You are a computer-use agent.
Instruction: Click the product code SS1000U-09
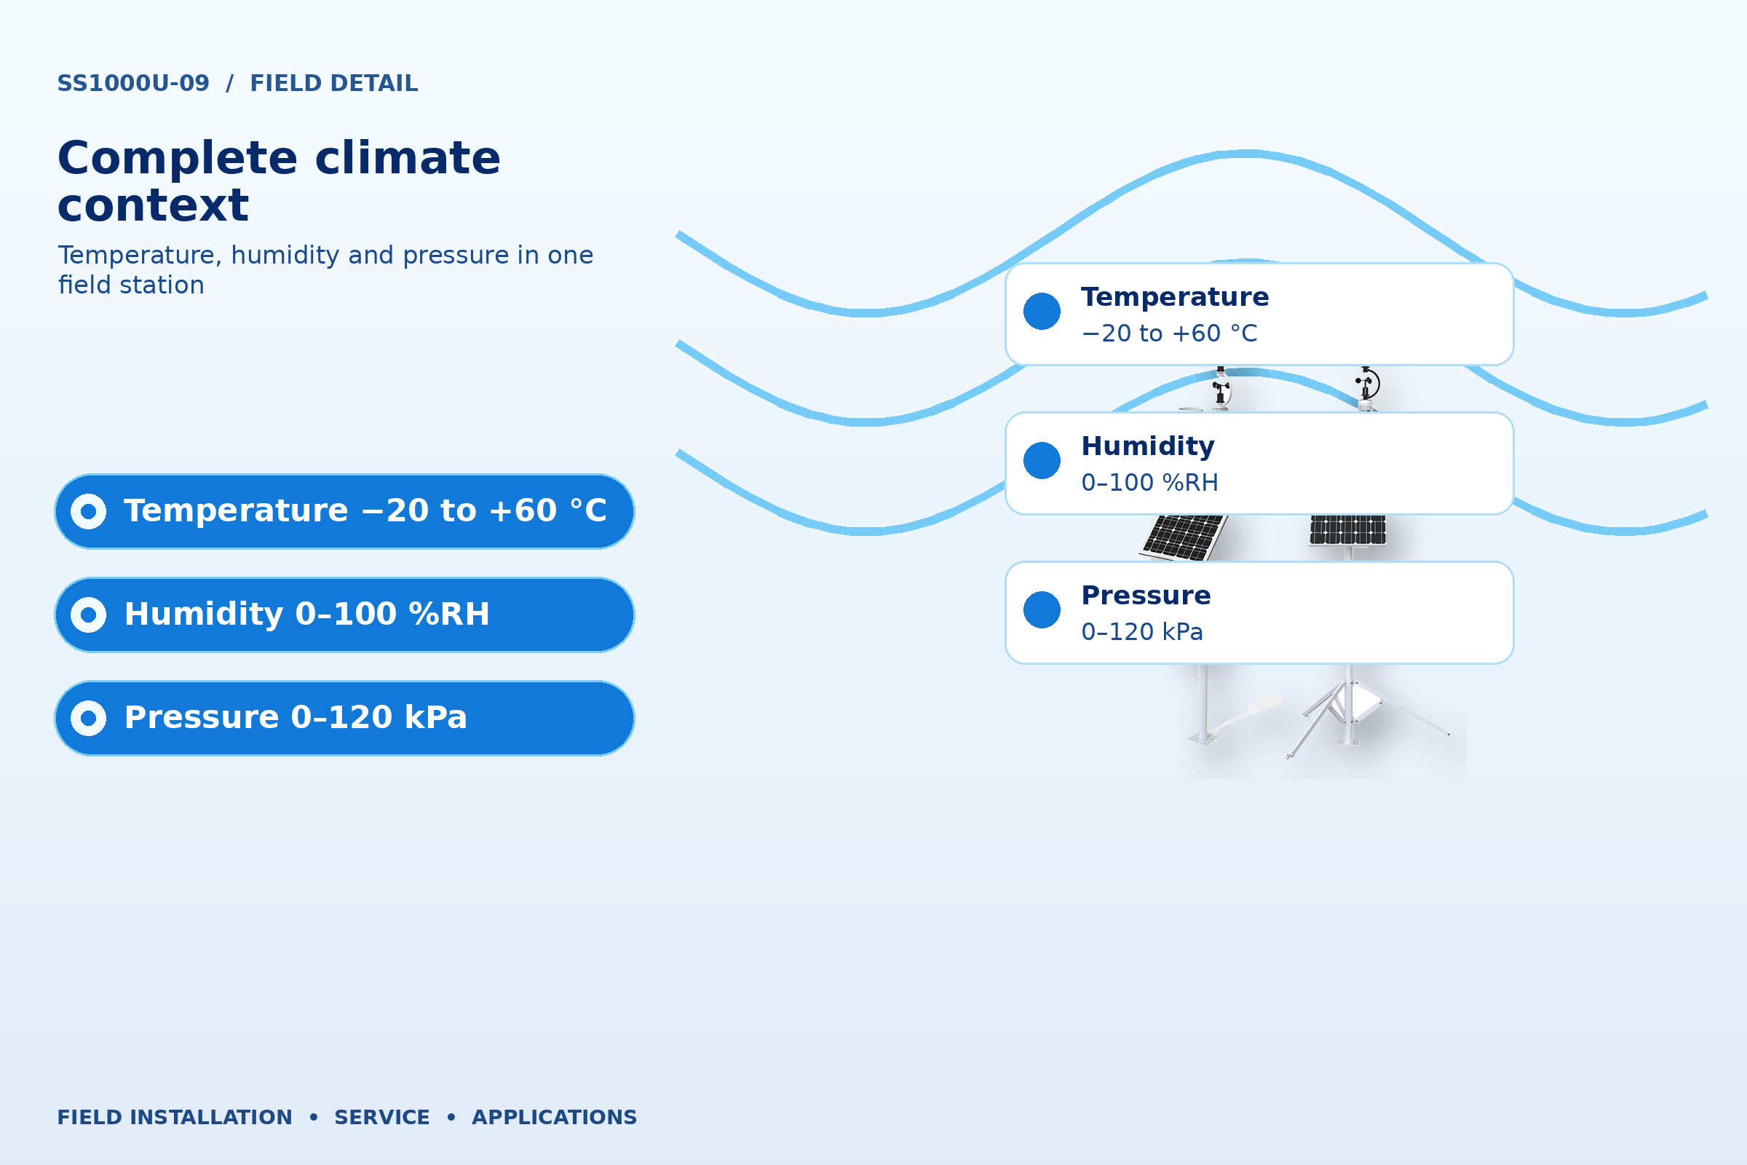[133, 83]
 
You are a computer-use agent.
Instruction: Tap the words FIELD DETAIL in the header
[333, 83]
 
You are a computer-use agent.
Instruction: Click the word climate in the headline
[408, 158]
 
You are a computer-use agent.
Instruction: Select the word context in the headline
[153, 206]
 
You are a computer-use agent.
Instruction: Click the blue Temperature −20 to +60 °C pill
[344, 511]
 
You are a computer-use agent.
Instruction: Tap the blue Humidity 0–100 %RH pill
[344, 615]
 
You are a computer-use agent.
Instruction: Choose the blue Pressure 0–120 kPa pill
[344, 718]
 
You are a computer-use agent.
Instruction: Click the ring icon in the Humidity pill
[88, 615]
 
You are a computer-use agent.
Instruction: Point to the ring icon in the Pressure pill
[88, 718]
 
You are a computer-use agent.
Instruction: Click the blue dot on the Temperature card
[1042, 311]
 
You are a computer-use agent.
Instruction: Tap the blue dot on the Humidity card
[1042, 460]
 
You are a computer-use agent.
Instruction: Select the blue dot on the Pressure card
[1042, 609]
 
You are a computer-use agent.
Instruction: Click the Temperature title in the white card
[1174, 297]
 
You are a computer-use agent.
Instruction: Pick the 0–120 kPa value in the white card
[1141, 631]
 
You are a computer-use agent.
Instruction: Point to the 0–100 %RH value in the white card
[1149, 482]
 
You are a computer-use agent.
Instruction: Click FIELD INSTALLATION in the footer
[175, 1117]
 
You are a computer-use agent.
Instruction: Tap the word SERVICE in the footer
[381, 1117]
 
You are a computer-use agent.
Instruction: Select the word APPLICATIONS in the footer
[554, 1117]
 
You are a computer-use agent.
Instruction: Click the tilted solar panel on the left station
[1184, 537]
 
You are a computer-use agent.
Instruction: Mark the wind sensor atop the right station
[1367, 387]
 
